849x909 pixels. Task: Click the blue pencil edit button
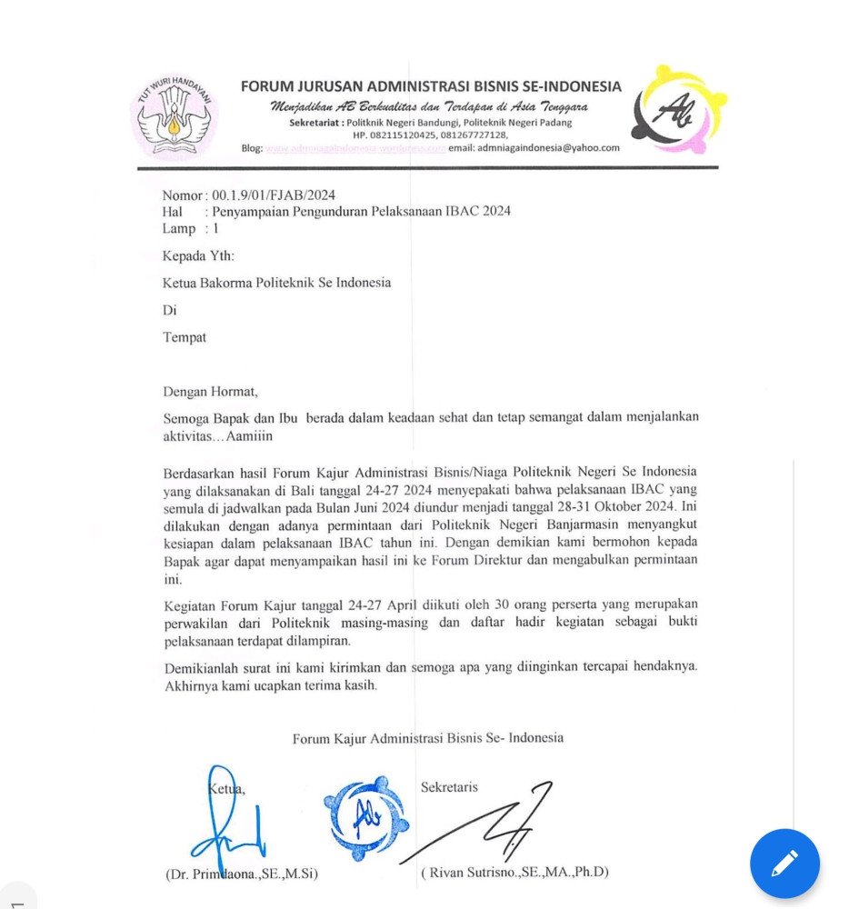784,864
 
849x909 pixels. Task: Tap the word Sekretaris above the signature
449,787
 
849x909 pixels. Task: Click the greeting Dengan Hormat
210,392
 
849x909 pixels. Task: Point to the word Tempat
185,337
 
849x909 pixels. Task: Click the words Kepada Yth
198,255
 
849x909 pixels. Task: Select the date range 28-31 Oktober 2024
600,507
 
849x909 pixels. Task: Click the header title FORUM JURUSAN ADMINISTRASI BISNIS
431,87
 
